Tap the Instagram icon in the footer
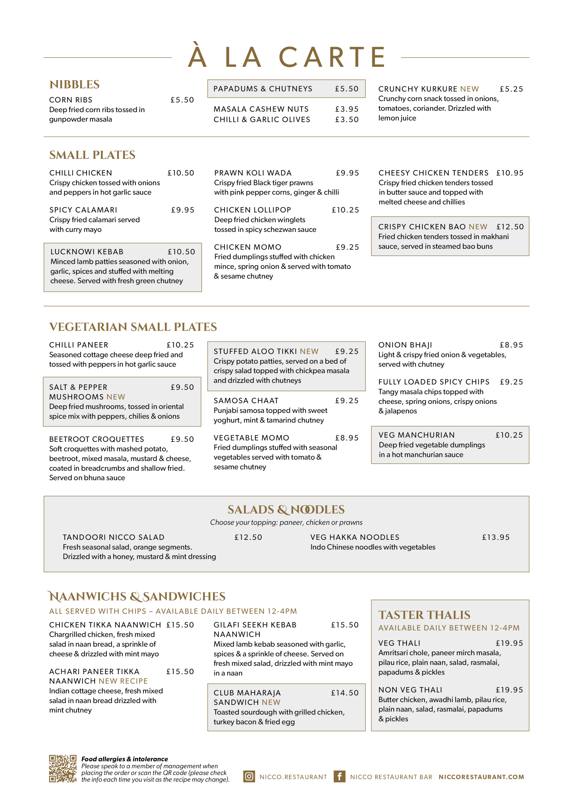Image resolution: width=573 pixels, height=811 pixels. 249,776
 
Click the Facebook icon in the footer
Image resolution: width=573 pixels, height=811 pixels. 339,776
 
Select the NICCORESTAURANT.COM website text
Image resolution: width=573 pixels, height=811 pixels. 481,777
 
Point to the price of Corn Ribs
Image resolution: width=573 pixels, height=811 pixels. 182,100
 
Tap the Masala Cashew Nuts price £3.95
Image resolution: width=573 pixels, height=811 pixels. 347,109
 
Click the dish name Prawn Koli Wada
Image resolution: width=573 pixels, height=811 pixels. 253,173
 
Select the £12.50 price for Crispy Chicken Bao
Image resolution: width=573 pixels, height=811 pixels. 510,227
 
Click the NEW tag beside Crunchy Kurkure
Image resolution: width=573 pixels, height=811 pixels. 469,89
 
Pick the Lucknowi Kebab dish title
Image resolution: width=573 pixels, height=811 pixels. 87,252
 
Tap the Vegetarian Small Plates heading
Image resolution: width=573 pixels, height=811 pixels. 133,327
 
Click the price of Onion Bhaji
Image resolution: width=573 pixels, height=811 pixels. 511,345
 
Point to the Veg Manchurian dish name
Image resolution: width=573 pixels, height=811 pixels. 417,435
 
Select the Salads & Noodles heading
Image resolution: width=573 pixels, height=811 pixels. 286,509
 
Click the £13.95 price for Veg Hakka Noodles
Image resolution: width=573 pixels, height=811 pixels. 496,537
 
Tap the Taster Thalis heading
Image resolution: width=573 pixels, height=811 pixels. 424,615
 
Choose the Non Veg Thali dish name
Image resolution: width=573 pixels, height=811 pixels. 410,690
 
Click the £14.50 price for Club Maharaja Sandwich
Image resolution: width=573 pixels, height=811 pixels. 344,693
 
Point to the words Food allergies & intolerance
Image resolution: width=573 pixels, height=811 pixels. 125,759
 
